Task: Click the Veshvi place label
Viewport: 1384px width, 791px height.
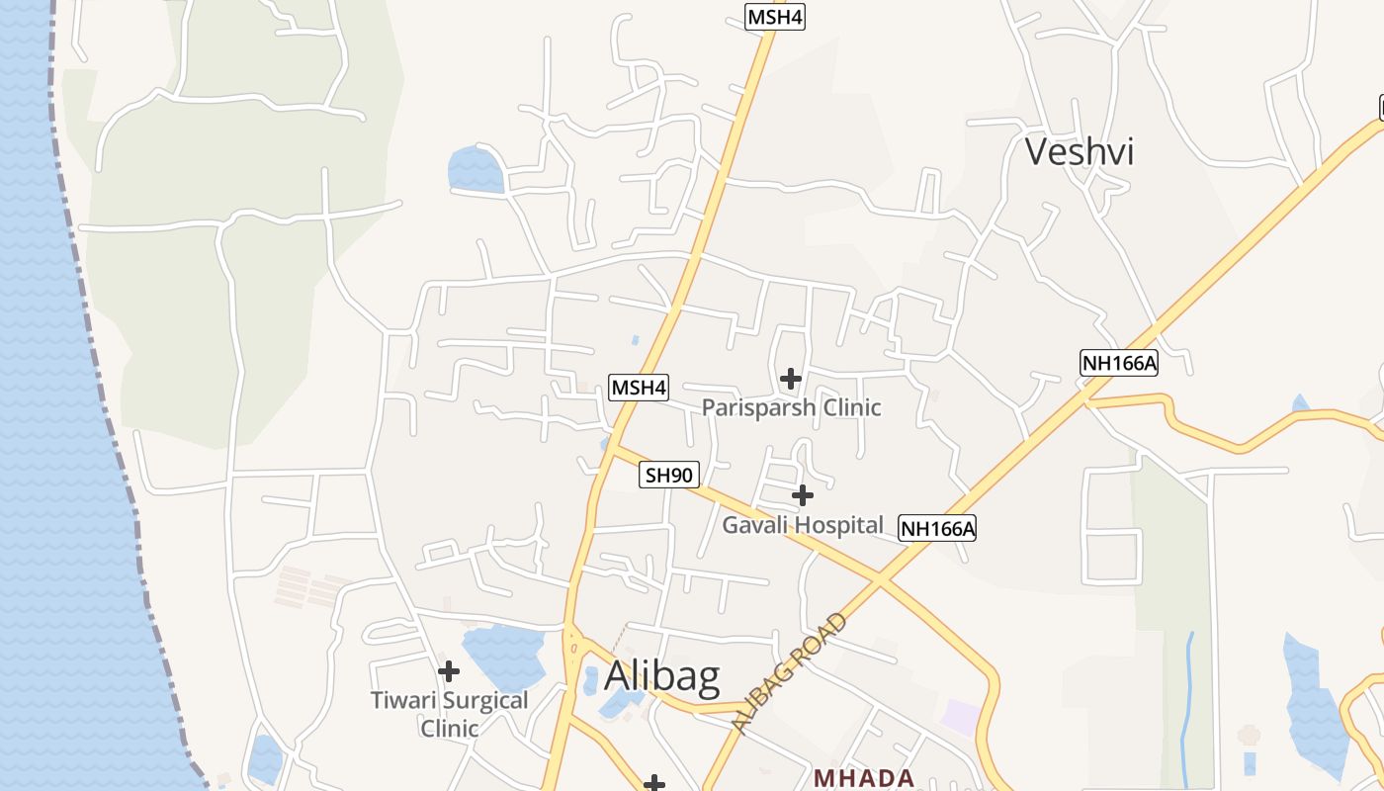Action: click(1079, 152)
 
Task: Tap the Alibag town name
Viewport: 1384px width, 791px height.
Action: click(661, 676)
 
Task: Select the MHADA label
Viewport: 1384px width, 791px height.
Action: click(863, 778)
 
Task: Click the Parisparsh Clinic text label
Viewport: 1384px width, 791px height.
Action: click(791, 407)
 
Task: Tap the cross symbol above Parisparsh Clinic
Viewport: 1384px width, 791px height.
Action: click(790, 378)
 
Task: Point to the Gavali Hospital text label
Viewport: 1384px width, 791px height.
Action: click(802, 525)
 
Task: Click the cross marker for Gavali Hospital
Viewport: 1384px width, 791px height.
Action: click(803, 494)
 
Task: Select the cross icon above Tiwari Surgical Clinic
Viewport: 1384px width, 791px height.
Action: click(448, 671)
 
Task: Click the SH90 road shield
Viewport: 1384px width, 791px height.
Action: click(669, 475)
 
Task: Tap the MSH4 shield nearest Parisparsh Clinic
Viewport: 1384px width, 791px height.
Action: click(639, 388)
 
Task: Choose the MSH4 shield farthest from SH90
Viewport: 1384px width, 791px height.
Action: click(774, 17)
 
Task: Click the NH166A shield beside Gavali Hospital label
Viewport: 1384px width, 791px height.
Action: click(937, 529)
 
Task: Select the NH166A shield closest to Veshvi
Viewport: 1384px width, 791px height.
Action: click(1119, 363)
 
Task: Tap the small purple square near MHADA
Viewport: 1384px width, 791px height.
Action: click(959, 716)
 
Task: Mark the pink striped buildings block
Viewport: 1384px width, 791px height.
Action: click(308, 586)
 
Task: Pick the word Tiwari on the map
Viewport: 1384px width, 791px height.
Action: click(404, 701)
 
